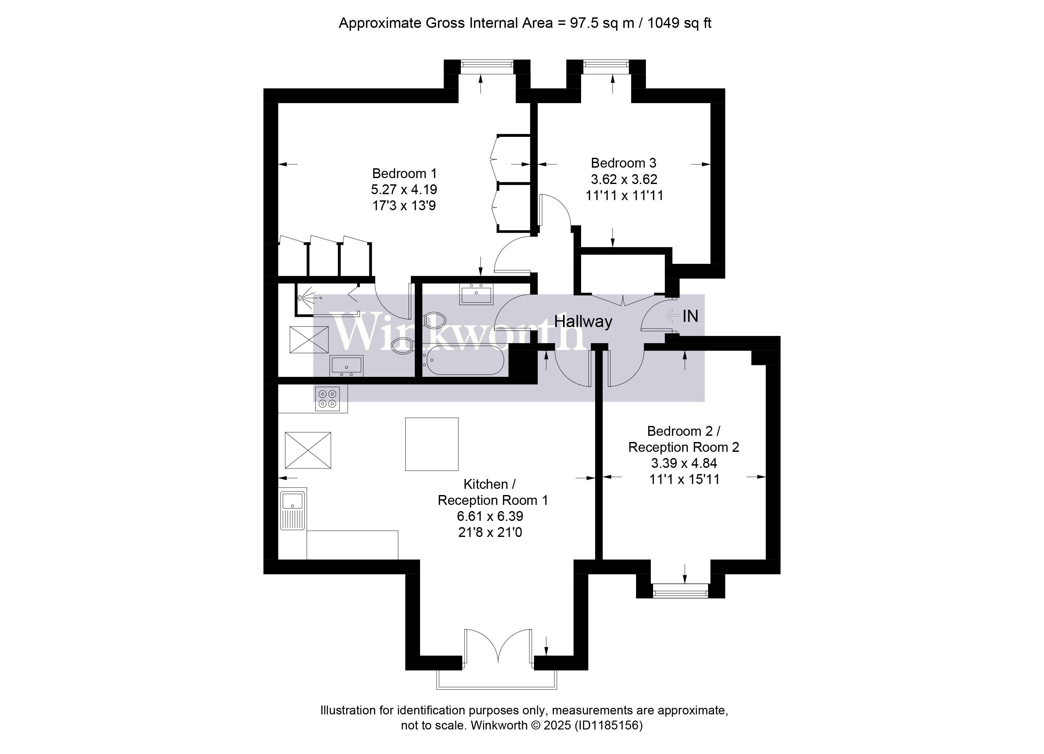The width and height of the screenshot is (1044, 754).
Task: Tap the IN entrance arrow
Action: point(672,316)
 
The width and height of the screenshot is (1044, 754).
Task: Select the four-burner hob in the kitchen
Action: point(327,399)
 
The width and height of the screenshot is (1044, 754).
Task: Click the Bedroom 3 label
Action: point(623,163)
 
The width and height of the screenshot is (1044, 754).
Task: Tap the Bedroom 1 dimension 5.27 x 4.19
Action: point(404,190)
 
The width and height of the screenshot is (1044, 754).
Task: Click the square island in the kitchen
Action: point(432,444)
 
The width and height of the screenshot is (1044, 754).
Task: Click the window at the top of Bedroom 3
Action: point(606,67)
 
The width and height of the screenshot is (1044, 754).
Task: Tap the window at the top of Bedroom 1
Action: point(487,67)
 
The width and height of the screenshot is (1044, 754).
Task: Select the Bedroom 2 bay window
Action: point(680,591)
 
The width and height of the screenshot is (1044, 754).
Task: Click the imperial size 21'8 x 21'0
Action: point(490,533)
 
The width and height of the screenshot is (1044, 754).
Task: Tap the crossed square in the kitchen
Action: point(308,450)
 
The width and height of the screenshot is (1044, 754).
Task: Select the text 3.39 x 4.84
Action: point(684,463)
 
